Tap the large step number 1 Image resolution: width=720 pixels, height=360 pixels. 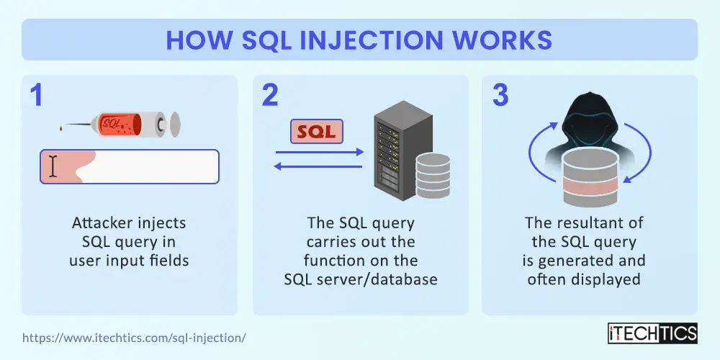tap(36, 96)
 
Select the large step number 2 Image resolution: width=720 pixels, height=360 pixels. tap(271, 96)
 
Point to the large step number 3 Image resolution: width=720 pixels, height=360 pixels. tap(500, 96)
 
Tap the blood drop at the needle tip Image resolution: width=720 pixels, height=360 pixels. tap(61, 130)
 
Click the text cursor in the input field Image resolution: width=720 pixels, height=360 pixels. tap(53, 166)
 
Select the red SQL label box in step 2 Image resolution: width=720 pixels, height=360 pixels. tap(316, 131)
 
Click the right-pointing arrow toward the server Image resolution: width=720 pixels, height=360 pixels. tap(320, 152)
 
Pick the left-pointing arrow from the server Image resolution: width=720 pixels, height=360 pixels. tap(318, 166)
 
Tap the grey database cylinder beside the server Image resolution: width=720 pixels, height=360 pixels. tap(433, 175)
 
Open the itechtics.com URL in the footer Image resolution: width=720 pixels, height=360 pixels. tap(134, 338)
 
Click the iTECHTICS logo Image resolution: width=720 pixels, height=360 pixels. tap(652, 333)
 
